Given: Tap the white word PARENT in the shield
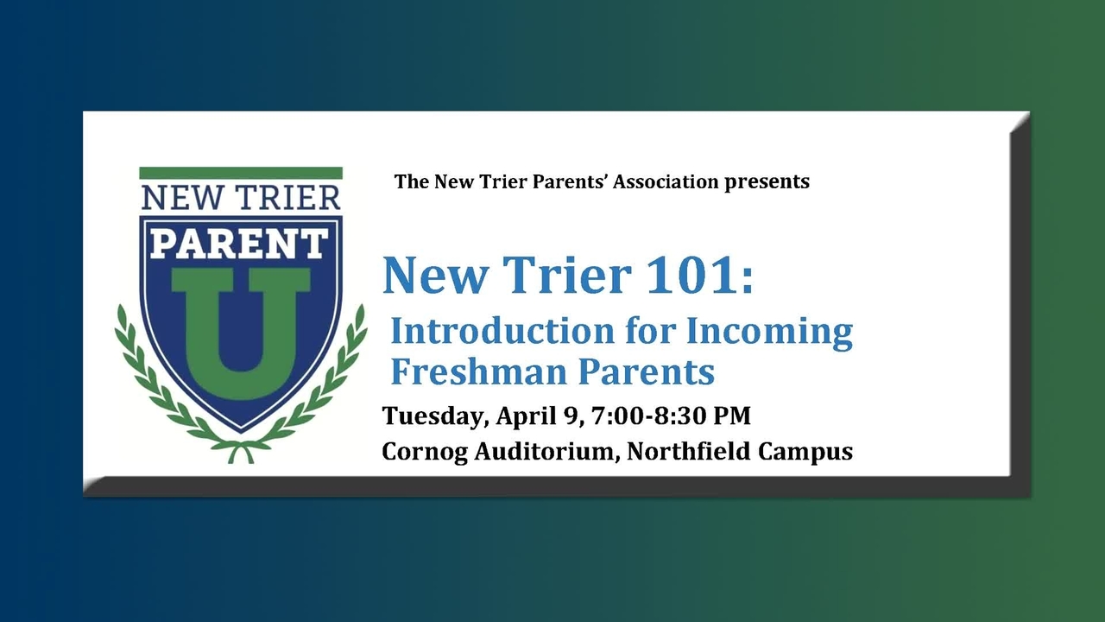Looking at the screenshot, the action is point(240,244).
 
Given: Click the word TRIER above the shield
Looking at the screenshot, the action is point(287,198).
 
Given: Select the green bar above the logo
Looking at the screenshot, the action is point(241,173).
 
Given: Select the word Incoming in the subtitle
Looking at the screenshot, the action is point(769,333).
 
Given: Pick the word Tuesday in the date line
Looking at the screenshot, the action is point(436,416).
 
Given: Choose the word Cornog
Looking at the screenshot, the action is point(425,452).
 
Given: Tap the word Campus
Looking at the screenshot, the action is point(805,452).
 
